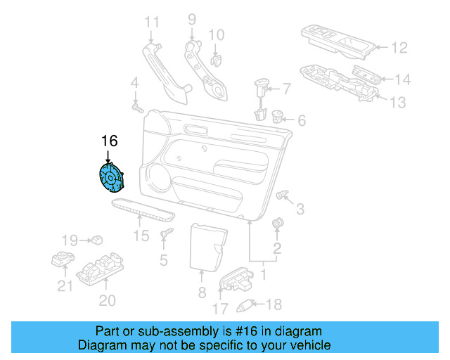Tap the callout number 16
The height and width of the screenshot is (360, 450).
coord(109,141)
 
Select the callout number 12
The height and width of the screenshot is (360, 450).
coord(399,48)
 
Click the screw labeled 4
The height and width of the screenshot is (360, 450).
coord(137,109)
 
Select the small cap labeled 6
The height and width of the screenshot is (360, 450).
coord(277,117)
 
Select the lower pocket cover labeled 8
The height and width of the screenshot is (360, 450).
coord(205,247)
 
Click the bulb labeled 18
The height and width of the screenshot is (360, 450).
coord(246,304)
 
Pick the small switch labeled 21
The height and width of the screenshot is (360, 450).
coord(63,261)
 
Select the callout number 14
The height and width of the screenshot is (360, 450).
coord(401,79)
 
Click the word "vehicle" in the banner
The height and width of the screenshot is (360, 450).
coord(308,345)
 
